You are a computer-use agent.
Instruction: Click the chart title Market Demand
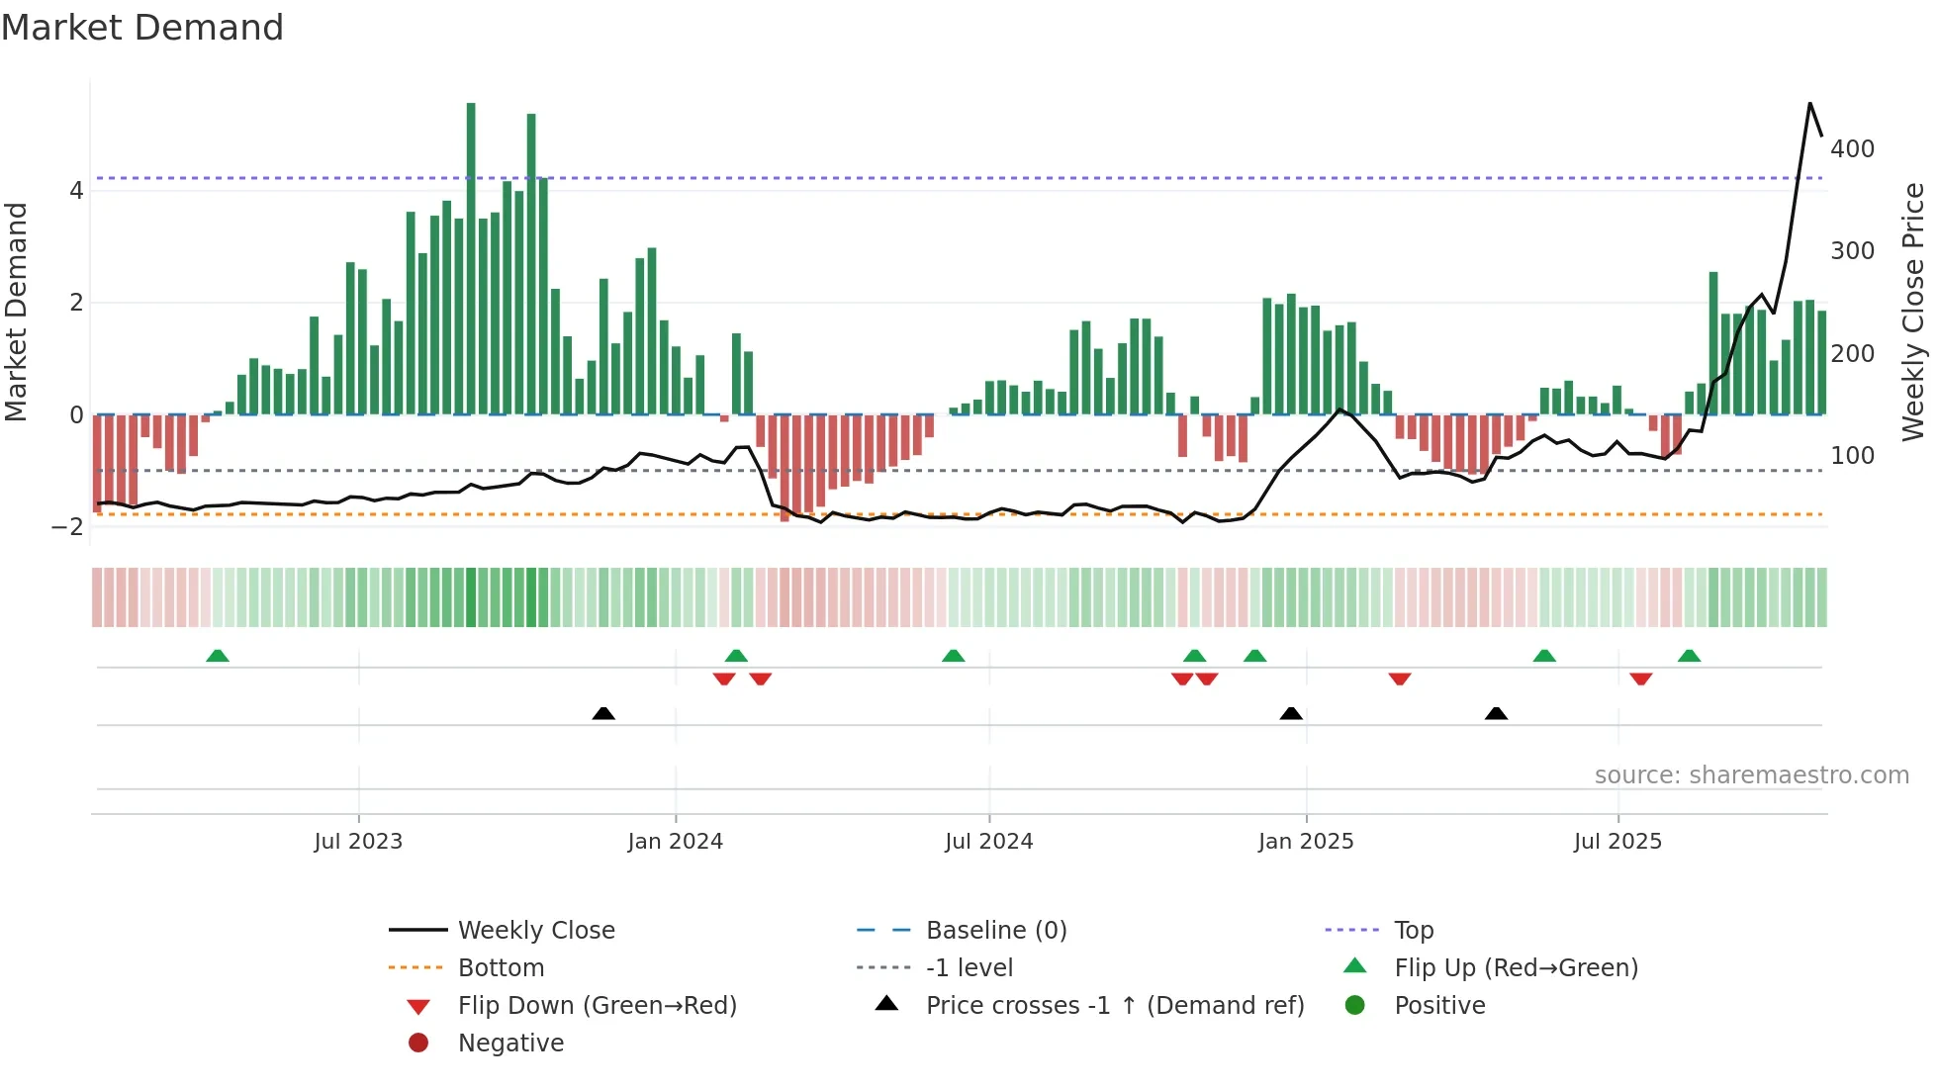coord(142,28)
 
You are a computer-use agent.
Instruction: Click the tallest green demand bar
coord(471,257)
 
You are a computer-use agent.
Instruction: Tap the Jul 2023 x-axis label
coord(358,842)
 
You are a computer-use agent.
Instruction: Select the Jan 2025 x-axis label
coord(1306,842)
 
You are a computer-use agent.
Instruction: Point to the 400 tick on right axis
coord(1852,149)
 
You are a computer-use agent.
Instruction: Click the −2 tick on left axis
coord(68,527)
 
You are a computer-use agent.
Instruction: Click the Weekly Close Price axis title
coord(1913,312)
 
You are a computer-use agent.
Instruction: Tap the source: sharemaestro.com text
coord(1751,775)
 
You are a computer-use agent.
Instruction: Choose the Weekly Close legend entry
coord(535,931)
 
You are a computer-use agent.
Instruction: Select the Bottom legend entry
coord(501,968)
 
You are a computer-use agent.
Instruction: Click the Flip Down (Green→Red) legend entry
coord(597,1006)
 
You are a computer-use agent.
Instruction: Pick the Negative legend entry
coord(510,1044)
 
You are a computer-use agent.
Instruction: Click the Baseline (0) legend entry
coord(995,931)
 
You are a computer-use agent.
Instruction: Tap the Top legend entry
coord(1414,931)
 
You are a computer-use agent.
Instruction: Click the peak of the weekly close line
coord(1810,104)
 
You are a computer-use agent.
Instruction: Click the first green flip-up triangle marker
coord(218,656)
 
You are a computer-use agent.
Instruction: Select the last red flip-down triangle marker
coord(1641,679)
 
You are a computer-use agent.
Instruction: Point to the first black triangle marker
coord(603,713)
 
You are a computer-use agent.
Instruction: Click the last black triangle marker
coord(1496,713)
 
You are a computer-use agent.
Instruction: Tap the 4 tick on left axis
coord(76,191)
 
